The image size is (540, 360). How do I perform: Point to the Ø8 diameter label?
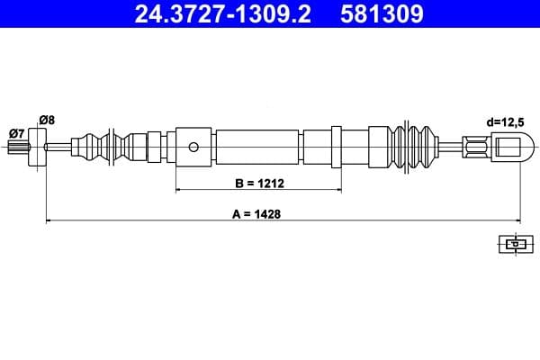pos(48,118)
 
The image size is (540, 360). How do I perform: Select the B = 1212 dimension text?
pos(259,184)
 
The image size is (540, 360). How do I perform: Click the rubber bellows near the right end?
pos(418,146)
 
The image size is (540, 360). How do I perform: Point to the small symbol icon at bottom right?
pos(514,243)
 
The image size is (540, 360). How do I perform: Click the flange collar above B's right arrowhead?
pos(337,146)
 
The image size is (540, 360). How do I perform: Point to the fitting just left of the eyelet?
pos(474,146)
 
